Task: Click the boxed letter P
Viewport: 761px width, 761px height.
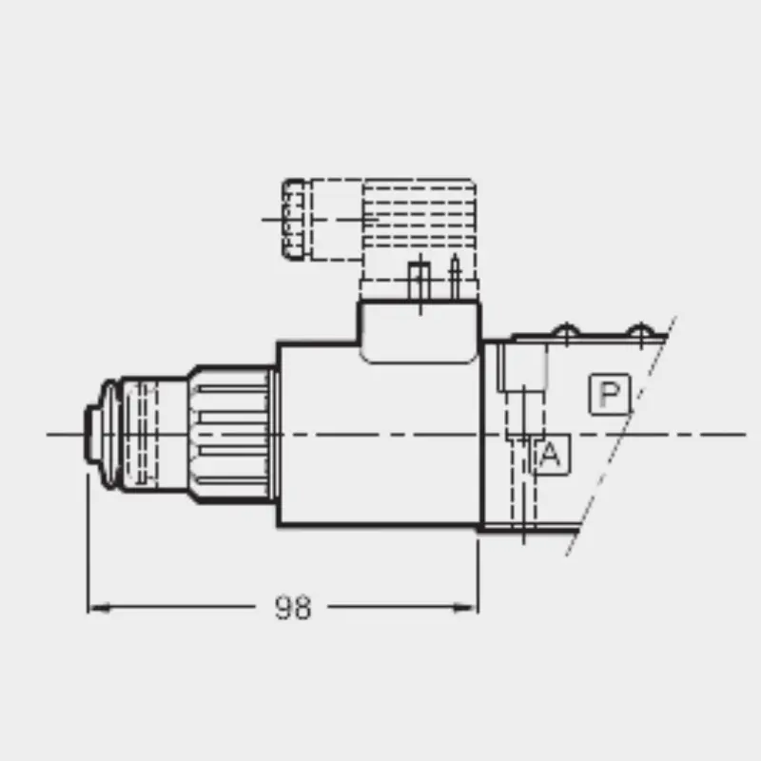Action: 610,394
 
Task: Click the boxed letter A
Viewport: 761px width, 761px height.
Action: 552,455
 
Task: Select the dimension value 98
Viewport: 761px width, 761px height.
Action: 293,607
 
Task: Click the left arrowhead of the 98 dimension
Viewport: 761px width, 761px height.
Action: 99,607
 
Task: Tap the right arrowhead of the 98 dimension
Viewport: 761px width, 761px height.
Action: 466,607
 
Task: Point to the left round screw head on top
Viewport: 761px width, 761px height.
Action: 566,330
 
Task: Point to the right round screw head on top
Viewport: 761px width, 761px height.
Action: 640,330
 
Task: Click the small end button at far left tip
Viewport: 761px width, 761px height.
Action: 91,434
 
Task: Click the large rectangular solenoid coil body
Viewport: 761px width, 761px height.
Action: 379,435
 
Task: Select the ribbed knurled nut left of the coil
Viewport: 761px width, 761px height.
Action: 232,435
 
